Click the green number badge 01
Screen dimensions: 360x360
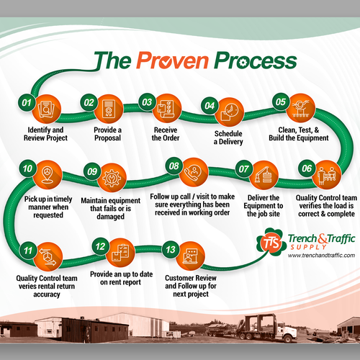coord(27,103)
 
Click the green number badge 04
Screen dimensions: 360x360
coord(210,106)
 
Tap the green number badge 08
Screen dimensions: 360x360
coord(174,166)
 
